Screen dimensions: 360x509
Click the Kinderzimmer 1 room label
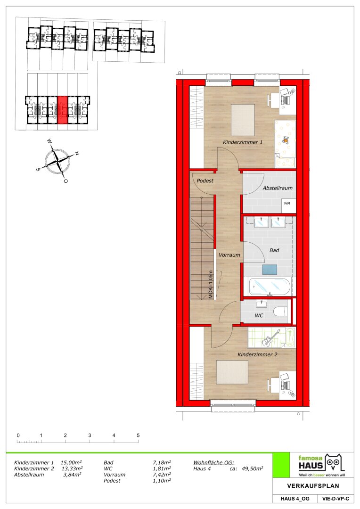(x=243, y=142)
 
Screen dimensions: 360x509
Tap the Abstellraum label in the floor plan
(x=278, y=188)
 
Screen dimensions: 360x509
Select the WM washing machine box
(x=287, y=204)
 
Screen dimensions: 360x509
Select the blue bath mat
(x=270, y=270)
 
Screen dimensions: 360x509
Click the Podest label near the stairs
(x=205, y=181)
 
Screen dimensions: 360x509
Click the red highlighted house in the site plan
(x=62, y=110)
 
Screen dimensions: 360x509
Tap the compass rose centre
(x=57, y=160)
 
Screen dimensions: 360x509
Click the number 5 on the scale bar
(x=138, y=435)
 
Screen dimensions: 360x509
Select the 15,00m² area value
(x=71, y=463)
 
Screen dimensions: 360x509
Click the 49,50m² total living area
(x=252, y=468)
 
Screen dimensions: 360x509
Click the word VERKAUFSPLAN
(x=313, y=486)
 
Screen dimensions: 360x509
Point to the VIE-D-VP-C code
(x=335, y=499)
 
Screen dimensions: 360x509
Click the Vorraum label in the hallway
(x=229, y=255)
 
